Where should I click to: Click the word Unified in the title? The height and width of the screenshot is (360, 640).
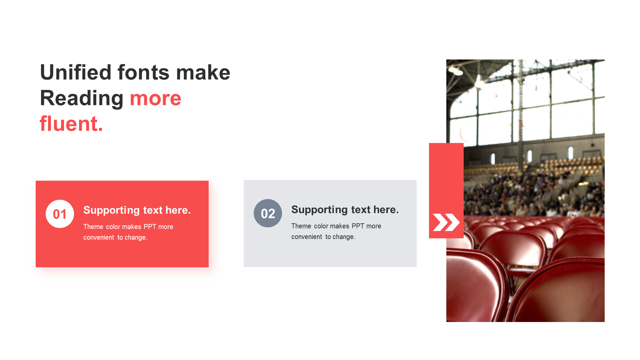(76, 72)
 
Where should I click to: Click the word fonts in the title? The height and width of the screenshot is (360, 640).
(143, 72)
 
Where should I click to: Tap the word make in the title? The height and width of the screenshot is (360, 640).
(203, 72)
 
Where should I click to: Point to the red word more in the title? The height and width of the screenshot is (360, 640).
(155, 99)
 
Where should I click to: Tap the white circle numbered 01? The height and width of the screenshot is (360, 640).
(60, 214)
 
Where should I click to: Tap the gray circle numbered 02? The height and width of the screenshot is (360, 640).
(268, 213)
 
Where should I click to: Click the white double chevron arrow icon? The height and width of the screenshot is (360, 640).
(446, 222)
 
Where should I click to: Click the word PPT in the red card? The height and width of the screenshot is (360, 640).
(150, 227)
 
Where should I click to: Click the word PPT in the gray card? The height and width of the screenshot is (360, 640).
(358, 226)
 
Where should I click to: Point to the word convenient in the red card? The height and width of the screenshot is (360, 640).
(99, 237)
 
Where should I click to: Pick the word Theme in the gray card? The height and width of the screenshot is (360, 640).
(301, 226)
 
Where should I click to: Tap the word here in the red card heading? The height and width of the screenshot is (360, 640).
(178, 210)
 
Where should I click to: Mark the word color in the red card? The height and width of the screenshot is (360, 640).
(113, 227)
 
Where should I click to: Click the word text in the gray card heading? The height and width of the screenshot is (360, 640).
(361, 210)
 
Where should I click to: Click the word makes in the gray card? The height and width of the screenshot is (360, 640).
(339, 226)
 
